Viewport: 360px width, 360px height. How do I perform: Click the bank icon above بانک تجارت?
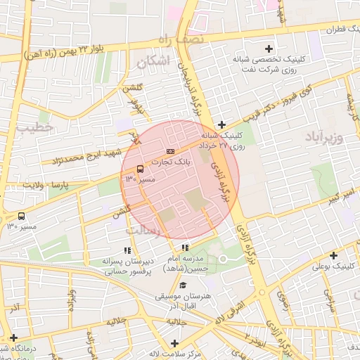tap(169, 151)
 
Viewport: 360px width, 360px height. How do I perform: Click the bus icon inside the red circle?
tap(140, 169)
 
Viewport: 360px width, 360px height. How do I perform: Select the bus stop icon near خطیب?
tap(21, 216)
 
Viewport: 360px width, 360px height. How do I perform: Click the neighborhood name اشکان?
tap(155, 61)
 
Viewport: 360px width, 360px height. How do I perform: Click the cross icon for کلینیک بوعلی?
tap(333, 255)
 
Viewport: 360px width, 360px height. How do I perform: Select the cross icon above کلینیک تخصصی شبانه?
tap(269, 49)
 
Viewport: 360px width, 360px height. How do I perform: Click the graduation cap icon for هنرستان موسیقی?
tap(184, 285)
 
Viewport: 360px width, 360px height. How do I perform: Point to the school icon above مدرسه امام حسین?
tap(185, 247)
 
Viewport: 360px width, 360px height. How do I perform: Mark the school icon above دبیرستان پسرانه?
tap(127, 250)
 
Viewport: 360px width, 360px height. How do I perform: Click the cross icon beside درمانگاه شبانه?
tap(14, 337)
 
